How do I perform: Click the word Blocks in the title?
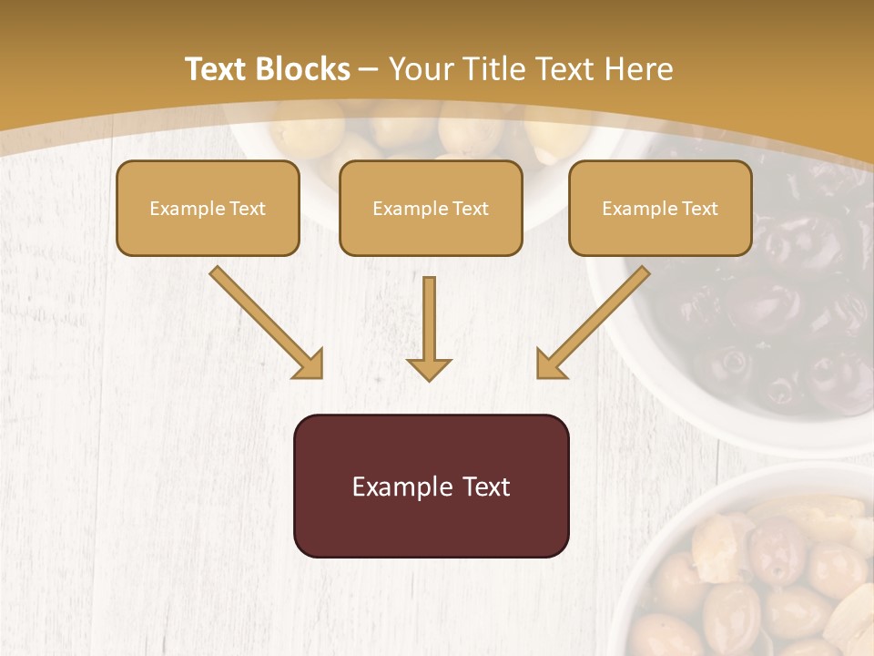coord(304,69)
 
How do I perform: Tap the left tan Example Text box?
coord(208,208)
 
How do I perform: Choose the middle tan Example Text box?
coord(431,208)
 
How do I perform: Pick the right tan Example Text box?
coord(660,208)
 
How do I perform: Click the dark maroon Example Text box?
coord(431,486)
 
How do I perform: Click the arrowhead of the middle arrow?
coord(429,368)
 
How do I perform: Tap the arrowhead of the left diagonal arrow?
coord(310,364)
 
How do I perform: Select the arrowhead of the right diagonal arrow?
coord(551,364)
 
